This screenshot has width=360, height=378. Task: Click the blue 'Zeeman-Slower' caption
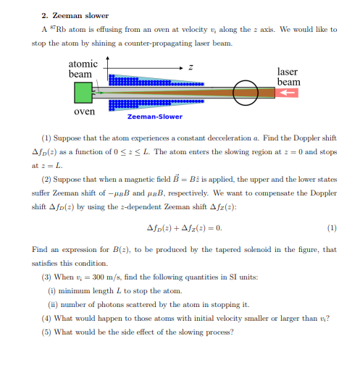click(x=154, y=117)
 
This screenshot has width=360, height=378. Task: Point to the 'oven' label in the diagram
click(x=84, y=112)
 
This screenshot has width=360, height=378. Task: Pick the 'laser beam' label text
click(x=288, y=77)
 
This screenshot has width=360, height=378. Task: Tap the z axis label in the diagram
click(x=191, y=66)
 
